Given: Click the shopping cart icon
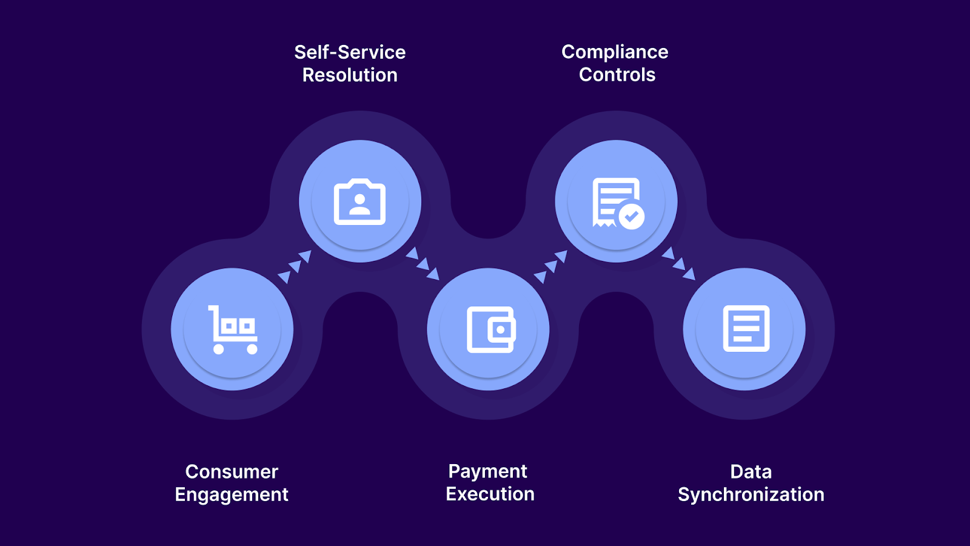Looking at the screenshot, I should tap(233, 329).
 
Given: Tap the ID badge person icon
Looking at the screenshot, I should tap(360, 202).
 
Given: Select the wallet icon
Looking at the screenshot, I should tap(490, 329).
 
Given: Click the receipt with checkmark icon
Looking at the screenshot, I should tap(617, 203).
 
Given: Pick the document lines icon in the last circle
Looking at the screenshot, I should tap(746, 329).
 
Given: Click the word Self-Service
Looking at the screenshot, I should tap(350, 52).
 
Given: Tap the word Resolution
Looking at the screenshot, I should tap(350, 75).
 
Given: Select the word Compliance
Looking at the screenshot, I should tap(615, 52).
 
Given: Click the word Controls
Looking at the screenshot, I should tap(617, 75).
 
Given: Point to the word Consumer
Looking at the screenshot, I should tap(232, 471).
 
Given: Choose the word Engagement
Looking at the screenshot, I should tap(232, 494).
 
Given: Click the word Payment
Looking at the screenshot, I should tap(487, 471).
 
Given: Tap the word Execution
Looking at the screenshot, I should tap(490, 494).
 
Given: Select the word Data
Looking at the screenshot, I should tap(751, 471).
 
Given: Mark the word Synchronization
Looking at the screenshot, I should tap(751, 494).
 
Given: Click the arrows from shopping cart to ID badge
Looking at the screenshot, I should tap(295, 266).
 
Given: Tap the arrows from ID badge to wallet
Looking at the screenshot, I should tap(423, 263).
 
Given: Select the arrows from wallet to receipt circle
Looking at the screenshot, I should tap(550, 266).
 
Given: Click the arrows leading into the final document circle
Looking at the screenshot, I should tap(678, 263).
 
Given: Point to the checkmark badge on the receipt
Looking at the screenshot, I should tap(632, 216).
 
